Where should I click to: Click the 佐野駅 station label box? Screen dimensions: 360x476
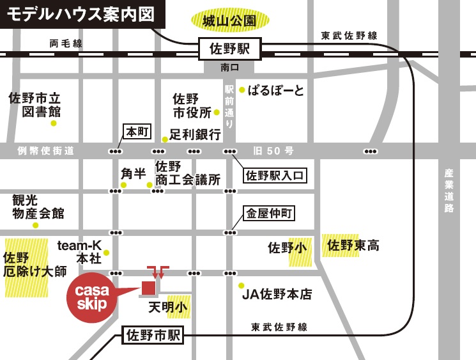[230, 48]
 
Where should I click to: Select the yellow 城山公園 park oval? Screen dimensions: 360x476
[229, 21]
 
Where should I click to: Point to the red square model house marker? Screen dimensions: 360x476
[148, 288]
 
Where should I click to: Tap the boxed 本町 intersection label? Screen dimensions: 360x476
[137, 132]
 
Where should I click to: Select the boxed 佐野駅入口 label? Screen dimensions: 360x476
[275, 175]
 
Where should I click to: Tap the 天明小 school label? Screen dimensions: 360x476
[168, 308]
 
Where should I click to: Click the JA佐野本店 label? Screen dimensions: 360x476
[277, 295]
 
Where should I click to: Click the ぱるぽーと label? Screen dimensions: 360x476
[275, 90]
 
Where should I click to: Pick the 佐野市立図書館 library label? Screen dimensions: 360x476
[35, 105]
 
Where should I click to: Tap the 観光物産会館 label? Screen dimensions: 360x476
[38, 207]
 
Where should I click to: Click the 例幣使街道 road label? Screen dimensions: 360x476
[46, 151]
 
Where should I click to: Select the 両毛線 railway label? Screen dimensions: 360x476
[66, 43]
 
